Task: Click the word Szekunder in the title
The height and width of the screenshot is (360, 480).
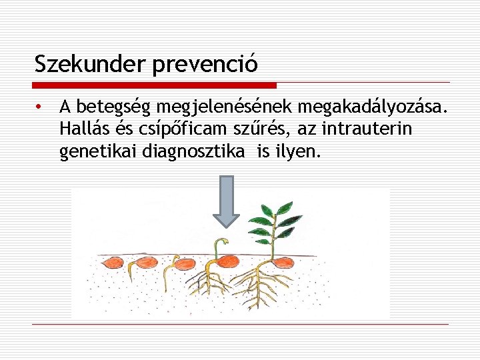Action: click(91, 64)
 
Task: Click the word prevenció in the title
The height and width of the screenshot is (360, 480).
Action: click(205, 65)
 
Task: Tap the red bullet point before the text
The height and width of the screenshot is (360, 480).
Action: click(40, 107)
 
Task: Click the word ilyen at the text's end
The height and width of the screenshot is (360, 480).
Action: click(297, 152)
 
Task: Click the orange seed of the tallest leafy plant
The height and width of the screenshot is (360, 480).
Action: click(280, 262)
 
